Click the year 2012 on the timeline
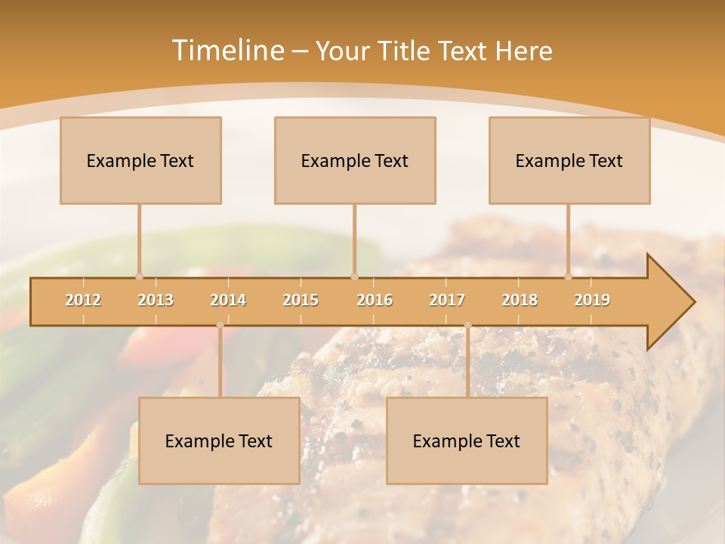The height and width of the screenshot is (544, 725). [83, 300]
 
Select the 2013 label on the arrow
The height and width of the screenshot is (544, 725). [156, 300]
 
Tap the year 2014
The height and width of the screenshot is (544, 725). [228, 300]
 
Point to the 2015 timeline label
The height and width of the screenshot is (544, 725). [301, 300]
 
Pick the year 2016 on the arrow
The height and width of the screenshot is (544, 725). [375, 300]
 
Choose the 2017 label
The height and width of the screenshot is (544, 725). [447, 300]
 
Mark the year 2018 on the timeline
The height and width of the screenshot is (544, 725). [520, 300]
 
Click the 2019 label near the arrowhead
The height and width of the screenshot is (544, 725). [592, 300]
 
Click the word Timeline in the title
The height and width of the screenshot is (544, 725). [227, 51]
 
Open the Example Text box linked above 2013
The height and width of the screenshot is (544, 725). [140, 160]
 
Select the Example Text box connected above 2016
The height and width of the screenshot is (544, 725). [355, 160]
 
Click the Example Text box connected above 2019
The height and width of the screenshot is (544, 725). [569, 160]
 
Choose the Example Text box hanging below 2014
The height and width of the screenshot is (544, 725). [219, 440]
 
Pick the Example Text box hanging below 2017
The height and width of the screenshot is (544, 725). [467, 440]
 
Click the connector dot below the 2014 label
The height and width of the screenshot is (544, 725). [220, 326]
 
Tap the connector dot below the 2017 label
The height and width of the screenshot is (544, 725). [467, 326]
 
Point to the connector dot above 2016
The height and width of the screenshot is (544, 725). [354, 277]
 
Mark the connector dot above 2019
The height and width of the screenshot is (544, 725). [569, 277]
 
